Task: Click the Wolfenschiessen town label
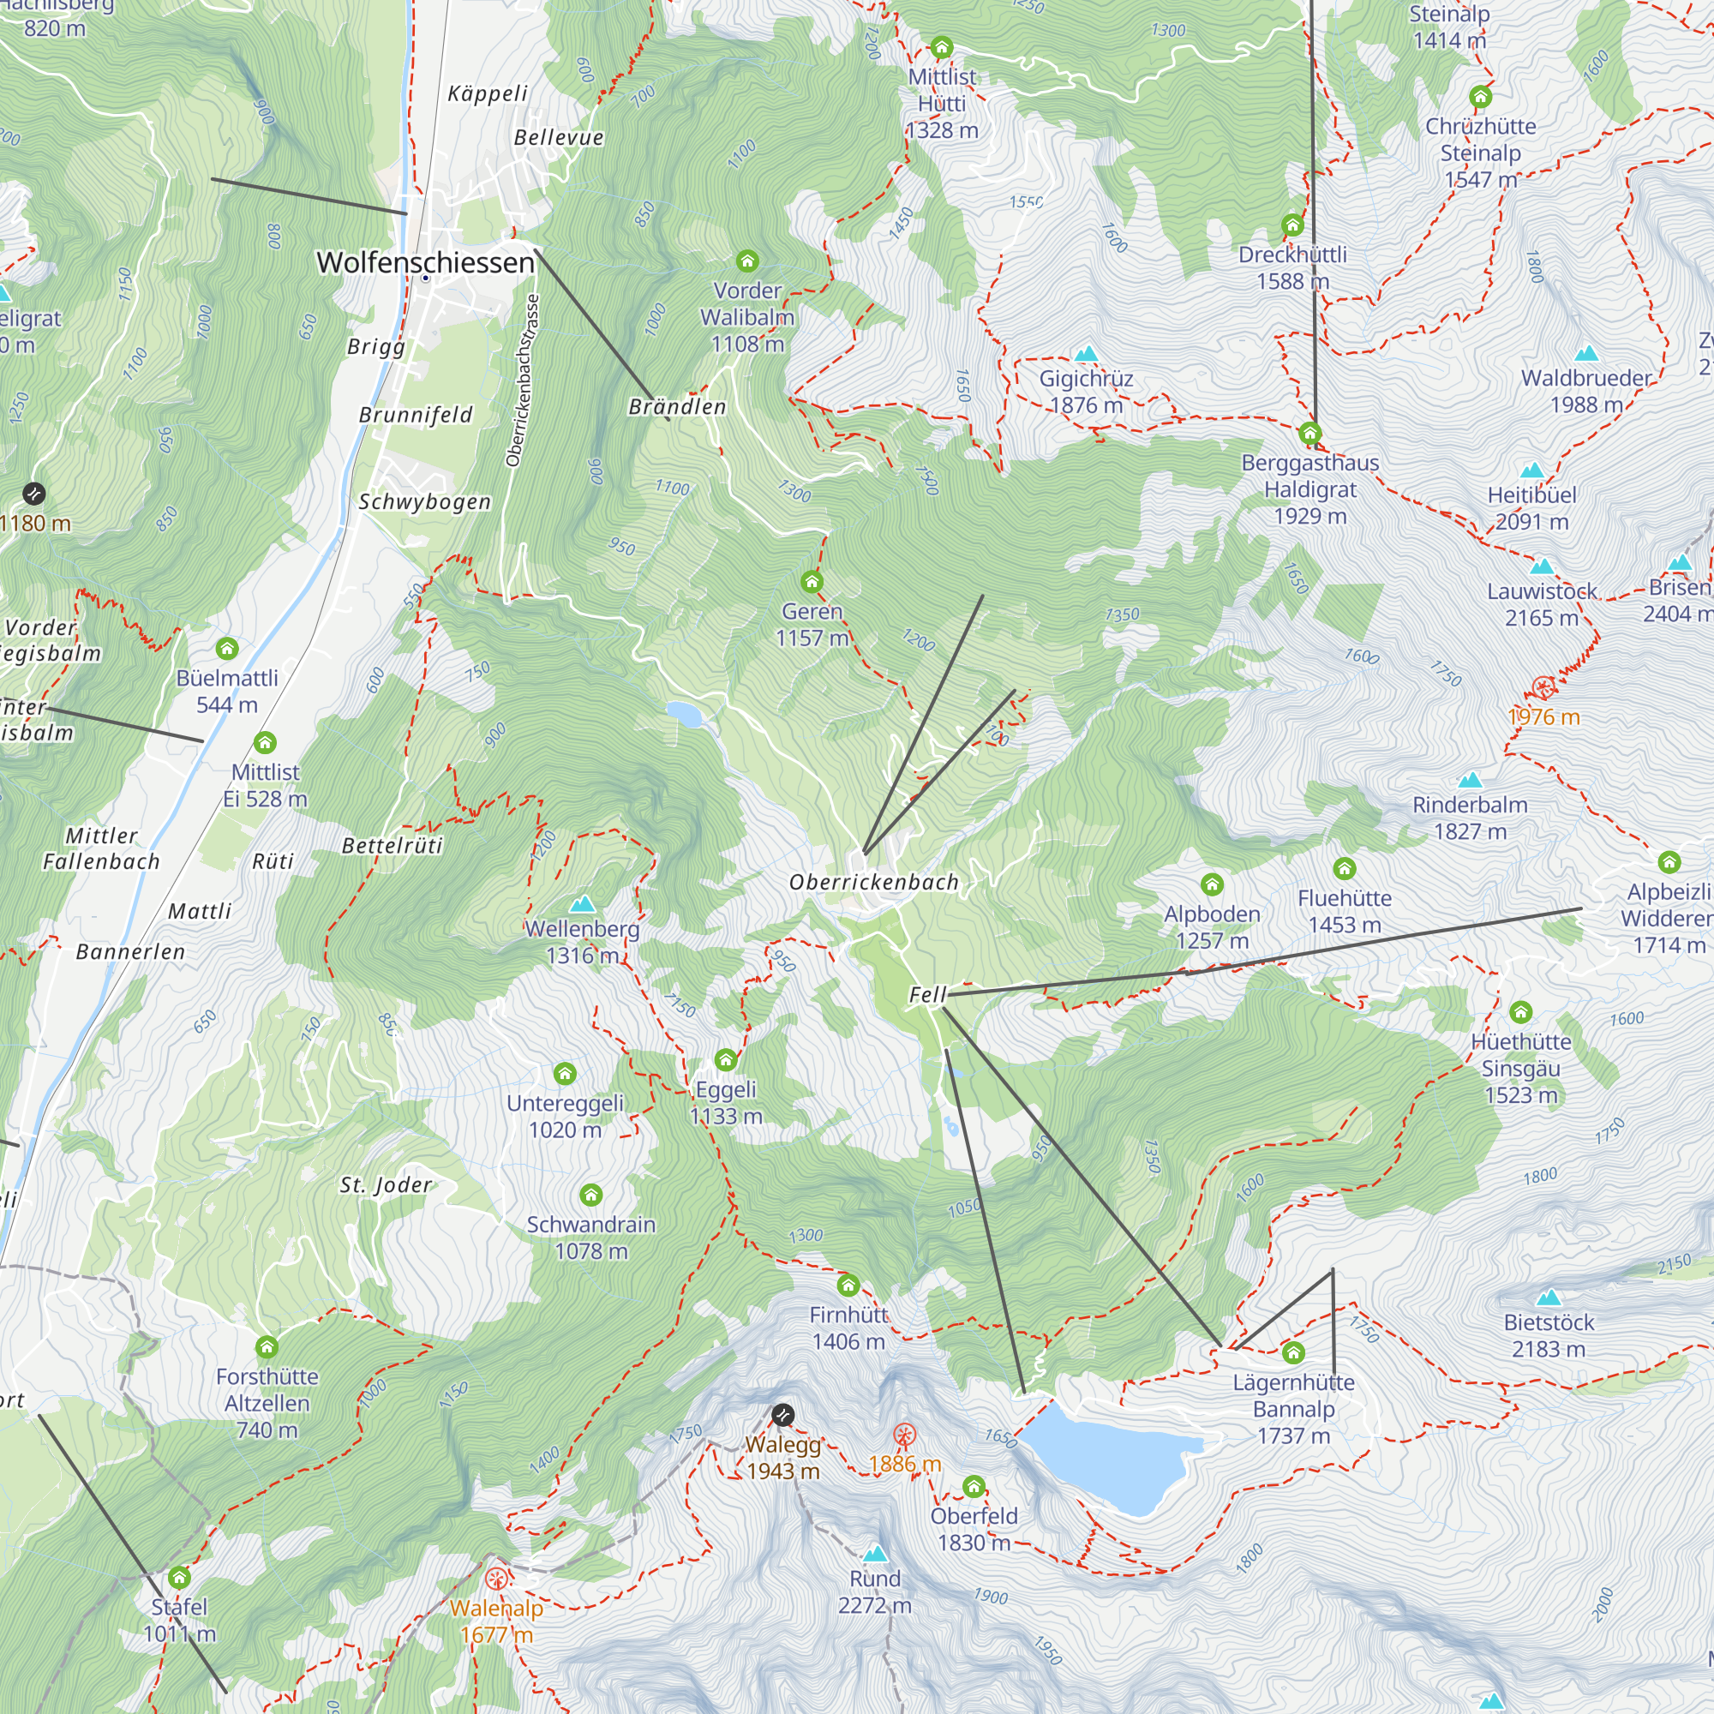[x=425, y=262]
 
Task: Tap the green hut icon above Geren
[x=812, y=582]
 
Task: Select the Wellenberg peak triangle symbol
[x=582, y=904]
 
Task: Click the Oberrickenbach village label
[x=874, y=882]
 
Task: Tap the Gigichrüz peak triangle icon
[x=1086, y=354]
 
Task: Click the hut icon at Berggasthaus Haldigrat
[x=1309, y=434]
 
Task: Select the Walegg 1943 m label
[x=782, y=1458]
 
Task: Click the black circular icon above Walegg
[x=782, y=1415]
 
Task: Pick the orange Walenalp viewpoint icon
[x=497, y=1579]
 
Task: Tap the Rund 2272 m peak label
[x=875, y=1591]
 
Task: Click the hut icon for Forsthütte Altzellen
[x=267, y=1347]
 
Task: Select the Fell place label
[x=927, y=994]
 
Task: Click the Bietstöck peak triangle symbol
[x=1548, y=1297]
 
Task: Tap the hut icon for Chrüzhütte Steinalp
[x=1480, y=97]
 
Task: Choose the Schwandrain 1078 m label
[x=590, y=1237]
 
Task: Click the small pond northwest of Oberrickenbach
[x=683, y=713]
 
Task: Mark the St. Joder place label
[x=385, y=1184]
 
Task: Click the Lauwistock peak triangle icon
[x=1542, y=566]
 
